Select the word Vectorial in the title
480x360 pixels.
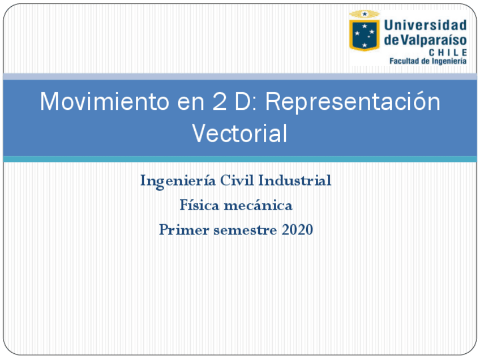[x=239, y=134]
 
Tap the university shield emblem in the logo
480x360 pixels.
[x=364, y=32]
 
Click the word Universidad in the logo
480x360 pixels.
[x=425, y=25]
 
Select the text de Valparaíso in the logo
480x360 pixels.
[x=425, y=40]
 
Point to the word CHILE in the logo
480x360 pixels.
[x=448, y=52]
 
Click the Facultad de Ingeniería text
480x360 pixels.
[x=428, y=61]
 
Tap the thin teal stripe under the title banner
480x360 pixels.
[x=240, y=160]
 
